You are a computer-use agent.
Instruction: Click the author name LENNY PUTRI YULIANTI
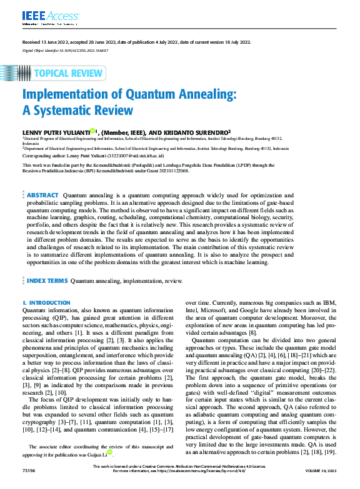tap(56, 132)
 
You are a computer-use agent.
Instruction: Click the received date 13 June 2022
tap(53, 42)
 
